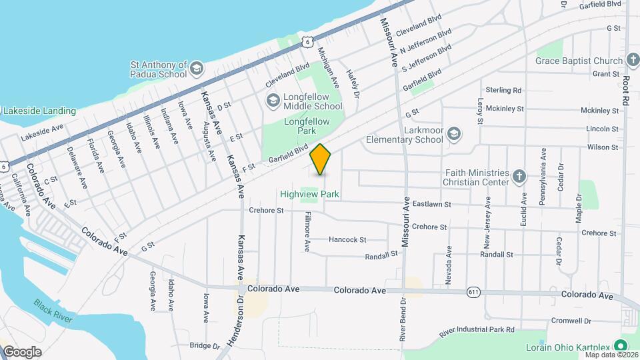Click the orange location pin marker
click(x=321, y=159)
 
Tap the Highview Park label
click(x=310, y=194)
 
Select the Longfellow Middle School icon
click(x=273, y=101)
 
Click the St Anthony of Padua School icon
click(x=197, y=69)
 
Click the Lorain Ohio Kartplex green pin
click(x=621, y=345)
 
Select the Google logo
click(x=22, y=351)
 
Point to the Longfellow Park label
click(x=309, y=127)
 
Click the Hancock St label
click(x=347, y=239)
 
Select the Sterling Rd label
click(x=503, y=90)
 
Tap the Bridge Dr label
click(x=205, y=345)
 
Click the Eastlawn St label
click(x=432, y=204)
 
